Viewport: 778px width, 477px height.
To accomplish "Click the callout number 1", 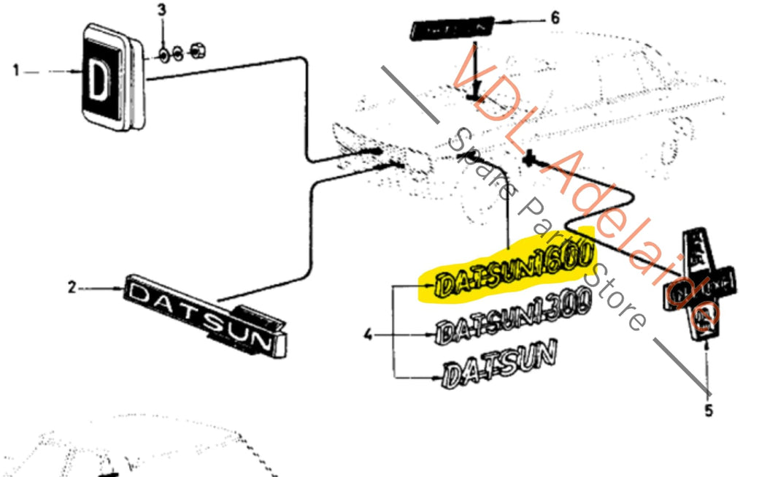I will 15,72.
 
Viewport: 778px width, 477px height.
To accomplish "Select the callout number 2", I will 72,289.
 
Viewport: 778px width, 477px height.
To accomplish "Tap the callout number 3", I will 162,10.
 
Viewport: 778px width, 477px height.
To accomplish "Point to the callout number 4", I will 369,335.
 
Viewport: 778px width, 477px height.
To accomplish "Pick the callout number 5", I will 708,411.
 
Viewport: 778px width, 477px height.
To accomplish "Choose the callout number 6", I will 555,18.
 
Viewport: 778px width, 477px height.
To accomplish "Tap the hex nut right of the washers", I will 196,51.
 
